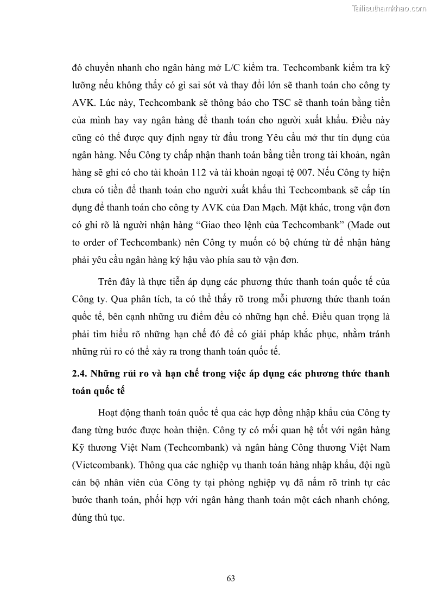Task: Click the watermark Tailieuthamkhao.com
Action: tap(390, 8)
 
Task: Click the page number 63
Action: tap(231, 578)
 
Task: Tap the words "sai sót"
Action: tap(191, 86)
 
